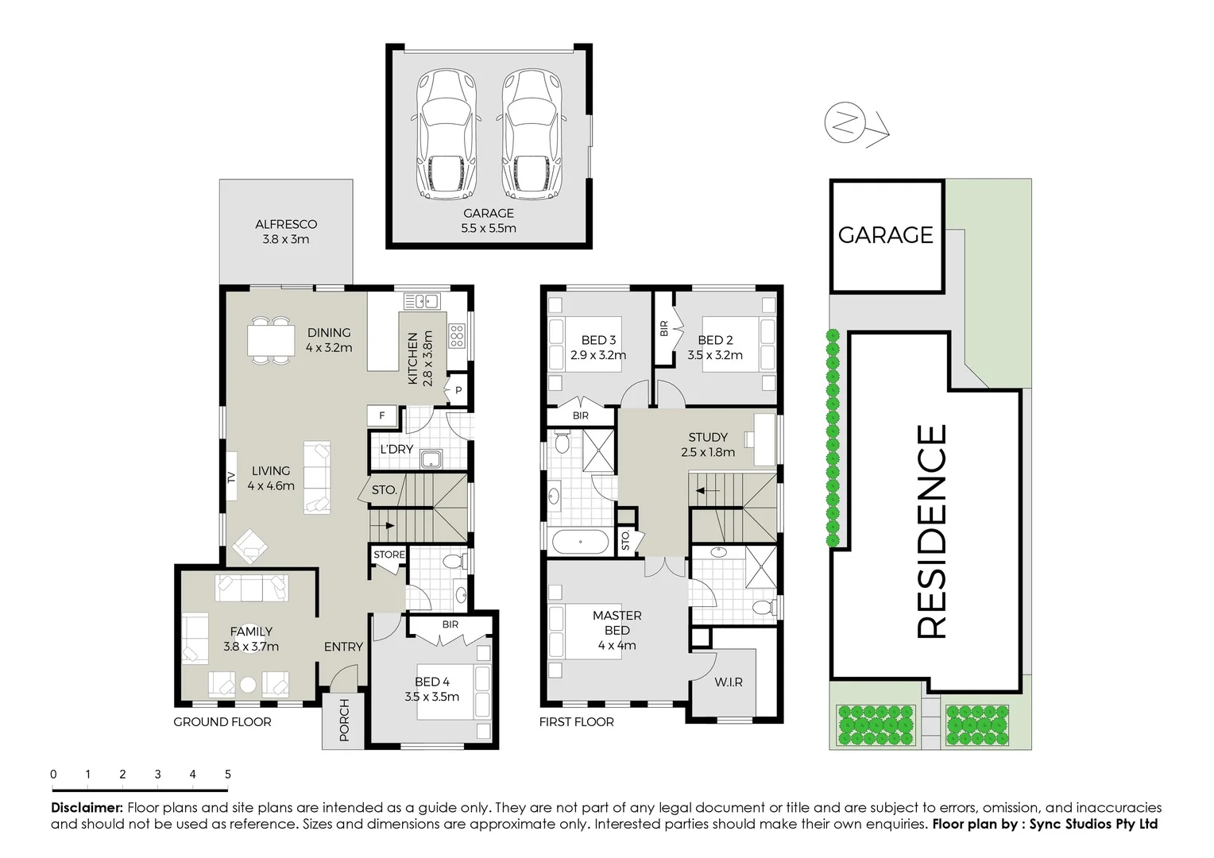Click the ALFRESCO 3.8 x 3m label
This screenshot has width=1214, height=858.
(x=286, y=232)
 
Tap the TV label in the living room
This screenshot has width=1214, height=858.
(x=232, y=477)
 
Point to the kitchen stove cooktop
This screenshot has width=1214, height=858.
(x=457, y=337)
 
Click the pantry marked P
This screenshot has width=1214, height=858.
(x=458, y=390)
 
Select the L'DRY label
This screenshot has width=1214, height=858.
(x=396, y=450)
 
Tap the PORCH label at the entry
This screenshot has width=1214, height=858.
(x=344, y=720)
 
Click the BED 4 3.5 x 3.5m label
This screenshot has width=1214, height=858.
(x=431, y=690)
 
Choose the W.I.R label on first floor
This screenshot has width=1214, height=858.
(x=729, y=682)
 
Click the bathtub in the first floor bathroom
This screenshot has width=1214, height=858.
(x=580, y=543)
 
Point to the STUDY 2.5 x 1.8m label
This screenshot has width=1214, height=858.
(x=708, y=445)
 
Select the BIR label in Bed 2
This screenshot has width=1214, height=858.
(x=663, y=329)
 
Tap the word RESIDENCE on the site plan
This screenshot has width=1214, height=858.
(x=933, y=531)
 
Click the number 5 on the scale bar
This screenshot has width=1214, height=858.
(x=228, y=775)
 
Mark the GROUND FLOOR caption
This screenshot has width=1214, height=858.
(x=222, y=722)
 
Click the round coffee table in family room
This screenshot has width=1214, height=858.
(x=249, y=684)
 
